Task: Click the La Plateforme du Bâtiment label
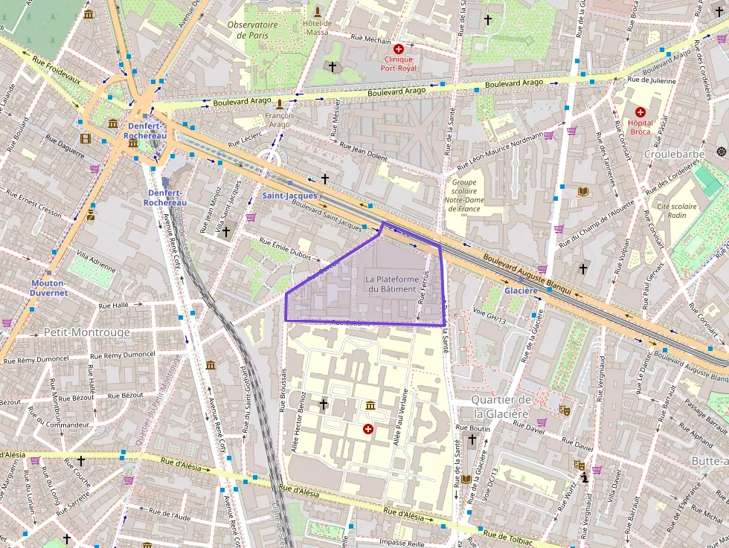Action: (391, 283)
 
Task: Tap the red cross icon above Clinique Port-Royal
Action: (399, 48)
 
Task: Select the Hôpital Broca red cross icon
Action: (640, 112)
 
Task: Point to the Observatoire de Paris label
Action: (252, 29)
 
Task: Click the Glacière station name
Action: (521, 291)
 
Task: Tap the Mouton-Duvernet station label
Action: (49, 288)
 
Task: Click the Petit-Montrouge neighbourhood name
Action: (87, 332)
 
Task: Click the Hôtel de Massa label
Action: (317, 27)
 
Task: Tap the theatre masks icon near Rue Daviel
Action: (565, 409)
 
